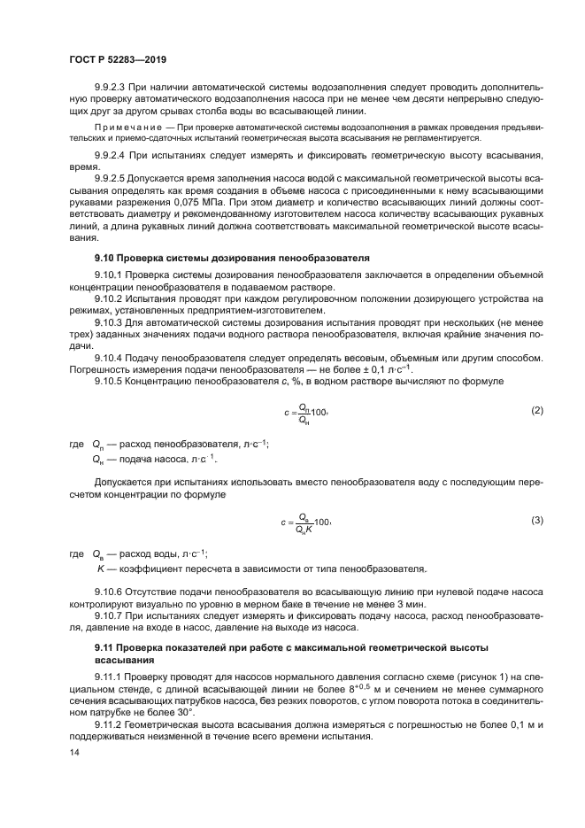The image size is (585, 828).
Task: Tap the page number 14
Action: pos(73,752)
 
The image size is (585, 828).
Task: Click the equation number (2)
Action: pos(536,411)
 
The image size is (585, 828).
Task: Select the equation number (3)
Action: pos(536,520)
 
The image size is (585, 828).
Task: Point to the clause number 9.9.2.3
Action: pos(111,89)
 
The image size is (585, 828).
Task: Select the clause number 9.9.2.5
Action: pos(111,178)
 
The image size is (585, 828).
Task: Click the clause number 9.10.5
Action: pos(109,380)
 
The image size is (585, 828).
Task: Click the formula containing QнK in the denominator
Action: pos(306,522)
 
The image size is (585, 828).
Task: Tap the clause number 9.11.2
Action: pos(109,724)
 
